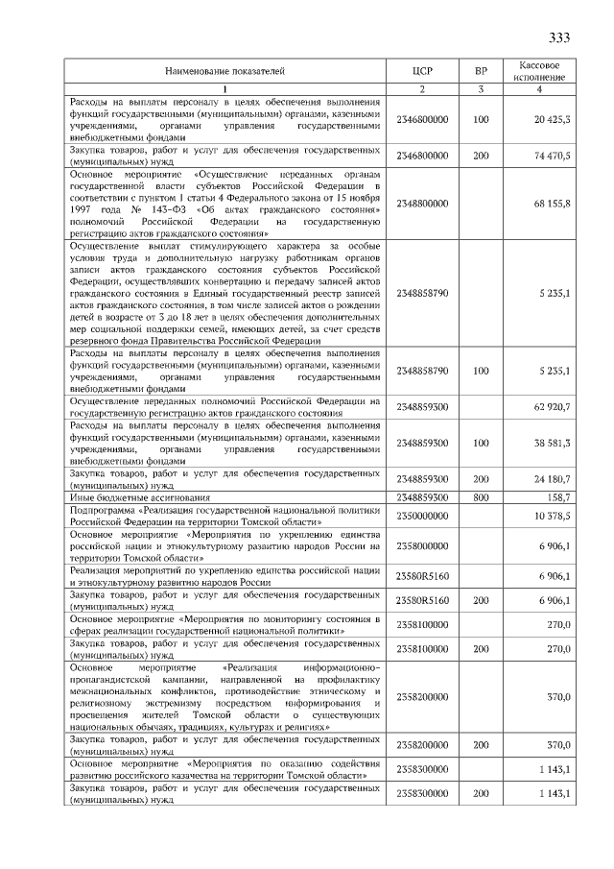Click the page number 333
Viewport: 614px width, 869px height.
(559, 38)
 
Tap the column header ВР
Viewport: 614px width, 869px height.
(481, 71)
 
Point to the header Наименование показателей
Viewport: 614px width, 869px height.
(225, 71)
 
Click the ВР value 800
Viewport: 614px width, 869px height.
(481, 497)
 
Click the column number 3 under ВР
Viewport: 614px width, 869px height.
(481, 89)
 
